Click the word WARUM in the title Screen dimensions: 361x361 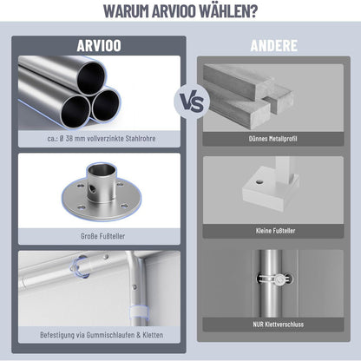[x=126, y=11]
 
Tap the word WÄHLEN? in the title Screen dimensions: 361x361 [x=228, y=11]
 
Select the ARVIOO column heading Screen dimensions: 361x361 [x=99, y=46]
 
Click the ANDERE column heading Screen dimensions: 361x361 [x=273, y=46]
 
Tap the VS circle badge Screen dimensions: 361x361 [x=192, y=102]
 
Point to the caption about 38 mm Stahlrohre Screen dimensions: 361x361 [x=102, y=139]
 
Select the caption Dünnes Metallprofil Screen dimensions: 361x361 [x=272, y=139]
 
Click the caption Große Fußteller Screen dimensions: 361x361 [x=102, y=236]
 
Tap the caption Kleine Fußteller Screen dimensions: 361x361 [x=275, y=231]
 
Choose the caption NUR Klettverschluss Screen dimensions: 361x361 [x=279, y=325]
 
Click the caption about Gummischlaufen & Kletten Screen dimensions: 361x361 [x=102, y=335]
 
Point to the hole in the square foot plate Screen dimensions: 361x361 [x=259, y=182]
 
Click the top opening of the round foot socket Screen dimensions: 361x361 [x=102, y=168]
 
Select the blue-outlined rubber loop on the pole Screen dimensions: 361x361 [x=79, y=266]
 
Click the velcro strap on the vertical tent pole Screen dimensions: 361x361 [x=138, y=312]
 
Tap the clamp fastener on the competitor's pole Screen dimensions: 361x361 [x=273, y=279]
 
